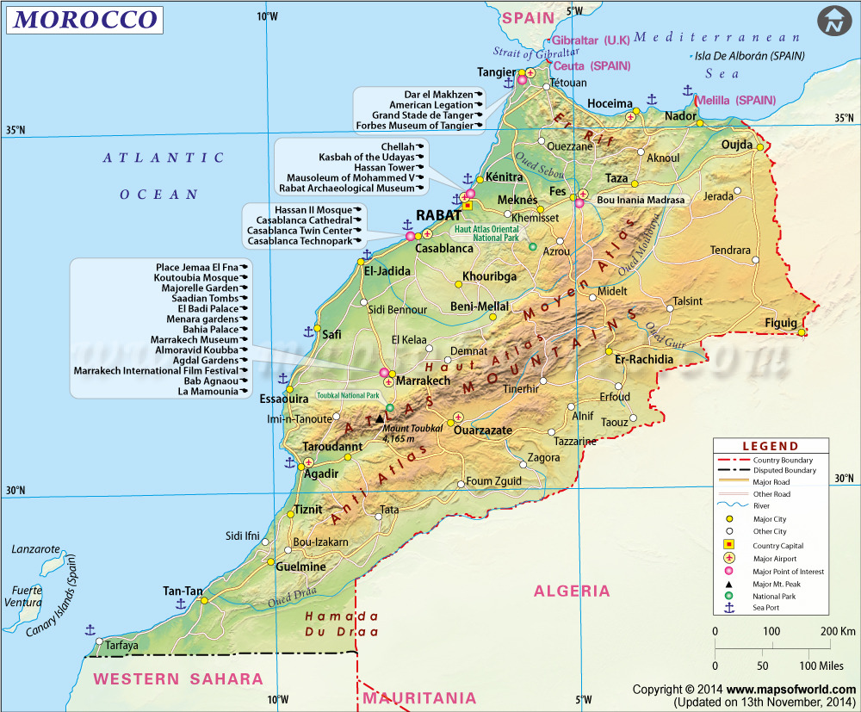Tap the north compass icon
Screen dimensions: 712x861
[x=833, y=22]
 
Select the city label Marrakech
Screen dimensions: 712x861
[x=423, y=381]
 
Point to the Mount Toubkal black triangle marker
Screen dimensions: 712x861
[x=380, y=418]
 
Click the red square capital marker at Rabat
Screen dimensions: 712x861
[x=468, y=206]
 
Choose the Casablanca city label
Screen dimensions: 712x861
[x=444, y=248]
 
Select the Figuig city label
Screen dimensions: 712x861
[x=782, y=323]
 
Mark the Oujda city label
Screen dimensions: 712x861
[x=736, y=145]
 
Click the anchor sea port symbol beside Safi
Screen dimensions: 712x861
[x=308, y=331]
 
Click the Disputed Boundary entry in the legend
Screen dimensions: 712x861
[x=783, y=471]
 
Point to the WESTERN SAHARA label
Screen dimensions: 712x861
[x=178, y=679]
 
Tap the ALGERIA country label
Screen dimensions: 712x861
[x=572, y=591]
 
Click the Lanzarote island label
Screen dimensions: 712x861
[x=36, y=549]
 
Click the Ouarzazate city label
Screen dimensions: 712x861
[x=483, y=430]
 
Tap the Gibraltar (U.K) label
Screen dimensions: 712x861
[x=591, y=40]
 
